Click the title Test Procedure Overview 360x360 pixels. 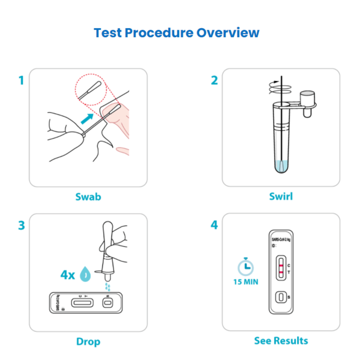(x=177, y=32)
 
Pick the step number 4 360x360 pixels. (x=214, y=226)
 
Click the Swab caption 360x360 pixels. (x=88, y=196)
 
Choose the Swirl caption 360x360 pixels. (x=281, y=196)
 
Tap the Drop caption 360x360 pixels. (x=88, y=341)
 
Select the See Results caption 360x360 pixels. (x=281, y=341)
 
